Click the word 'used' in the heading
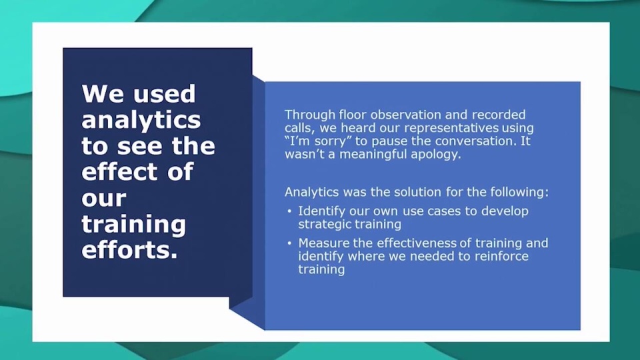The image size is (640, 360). (x=165, y=94)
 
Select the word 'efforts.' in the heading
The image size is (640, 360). (x=130, y=250)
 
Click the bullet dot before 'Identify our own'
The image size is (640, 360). (x=289, y=211)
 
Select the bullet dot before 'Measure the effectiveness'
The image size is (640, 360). (x=289, y=243)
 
